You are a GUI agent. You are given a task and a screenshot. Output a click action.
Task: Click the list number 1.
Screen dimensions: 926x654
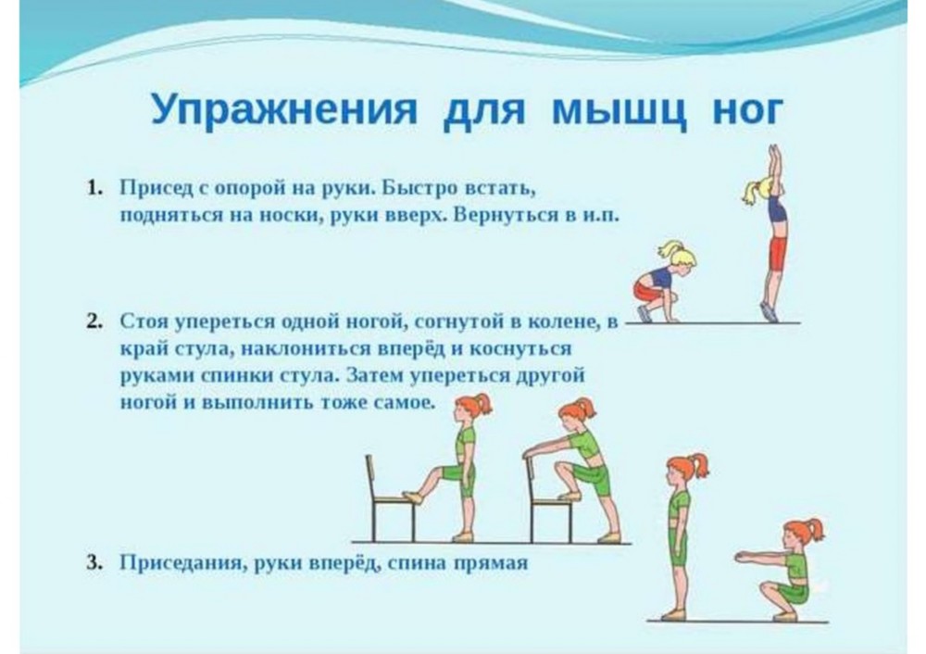click(x=94, y=188)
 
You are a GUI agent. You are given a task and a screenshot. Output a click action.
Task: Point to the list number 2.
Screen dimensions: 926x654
click(x=94, y=321)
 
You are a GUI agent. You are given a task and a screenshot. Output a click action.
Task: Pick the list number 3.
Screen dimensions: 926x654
click(x=94, y=562)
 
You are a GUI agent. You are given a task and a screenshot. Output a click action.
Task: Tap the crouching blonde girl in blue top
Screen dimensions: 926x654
click(x=665, y=283)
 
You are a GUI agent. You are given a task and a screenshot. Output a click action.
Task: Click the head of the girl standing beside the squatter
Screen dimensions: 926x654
click(x=685, y=470)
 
